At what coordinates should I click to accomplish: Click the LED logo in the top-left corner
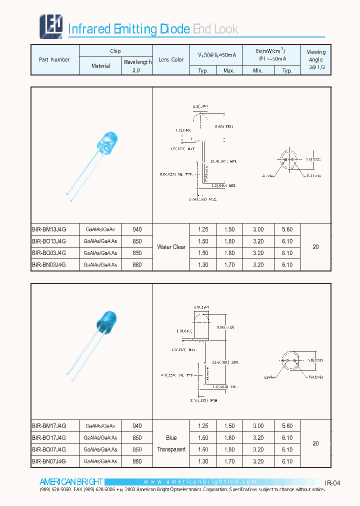pos(50,26)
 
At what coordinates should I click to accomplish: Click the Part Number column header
pos(54,59)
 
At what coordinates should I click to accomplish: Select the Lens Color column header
pos(171,59)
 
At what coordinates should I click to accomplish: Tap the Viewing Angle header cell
pos(315,59)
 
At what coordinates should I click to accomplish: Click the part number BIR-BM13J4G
pos(49,229)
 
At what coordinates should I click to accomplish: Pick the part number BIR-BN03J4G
pos(49,264)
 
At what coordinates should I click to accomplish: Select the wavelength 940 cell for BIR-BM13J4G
pos(137,229)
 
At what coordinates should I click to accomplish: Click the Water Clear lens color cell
pos(171,247)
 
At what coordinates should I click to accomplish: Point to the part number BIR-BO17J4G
pos(49,437)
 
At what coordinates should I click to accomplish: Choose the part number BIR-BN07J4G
pos(49,461)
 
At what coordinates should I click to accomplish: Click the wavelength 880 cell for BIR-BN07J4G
pos(137,461)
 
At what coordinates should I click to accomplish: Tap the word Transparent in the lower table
pos(171,449)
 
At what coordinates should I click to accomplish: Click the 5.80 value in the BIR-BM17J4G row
pos(287,426)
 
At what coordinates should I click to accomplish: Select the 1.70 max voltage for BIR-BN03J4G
pos(229,264)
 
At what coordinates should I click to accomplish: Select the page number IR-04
pos(332,483)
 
